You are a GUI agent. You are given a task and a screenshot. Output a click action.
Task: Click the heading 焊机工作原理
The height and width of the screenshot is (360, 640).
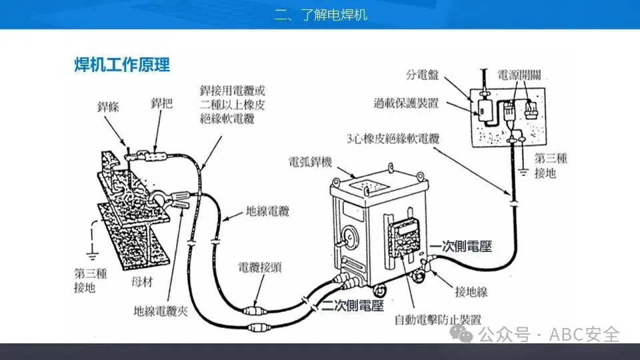coord(122,65)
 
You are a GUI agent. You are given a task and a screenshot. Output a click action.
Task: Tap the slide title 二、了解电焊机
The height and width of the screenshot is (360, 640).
coord(320,15)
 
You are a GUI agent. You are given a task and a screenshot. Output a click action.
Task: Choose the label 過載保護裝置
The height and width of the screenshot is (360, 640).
coord(407,103)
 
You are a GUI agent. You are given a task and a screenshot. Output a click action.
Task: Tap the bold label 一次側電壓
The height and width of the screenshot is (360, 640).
coord(461,247)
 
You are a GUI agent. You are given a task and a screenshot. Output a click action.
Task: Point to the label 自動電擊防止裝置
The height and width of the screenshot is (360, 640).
coord(437,319)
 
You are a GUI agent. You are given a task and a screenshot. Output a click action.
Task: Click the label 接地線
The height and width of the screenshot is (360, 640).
coord(471,291)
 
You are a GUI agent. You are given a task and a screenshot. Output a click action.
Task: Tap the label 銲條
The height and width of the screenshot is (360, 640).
coord(109,107)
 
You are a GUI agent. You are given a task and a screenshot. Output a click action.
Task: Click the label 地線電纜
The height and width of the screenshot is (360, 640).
coord(267,212)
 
